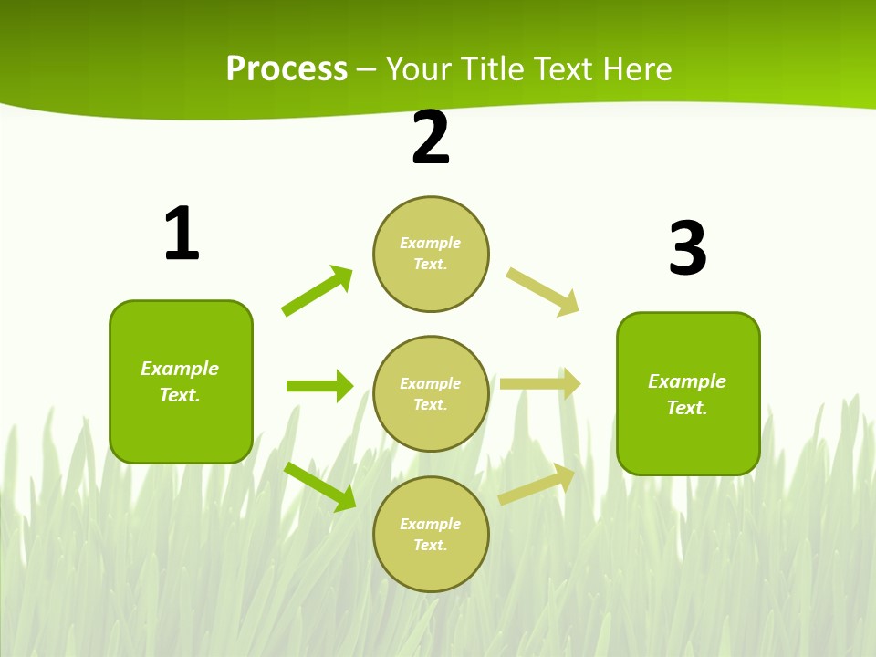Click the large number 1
click(182, 235)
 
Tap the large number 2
click(431, 139)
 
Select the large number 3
click(687, 249)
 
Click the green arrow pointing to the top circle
click(318, 291)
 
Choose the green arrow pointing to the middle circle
click(319, 386)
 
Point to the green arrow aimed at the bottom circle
click(319, 486)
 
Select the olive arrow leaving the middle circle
click(540, 384)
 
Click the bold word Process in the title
click(287, 69)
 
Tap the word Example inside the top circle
click(431, 243)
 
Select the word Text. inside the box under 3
click(687, 408)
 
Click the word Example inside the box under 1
click(180, 369)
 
